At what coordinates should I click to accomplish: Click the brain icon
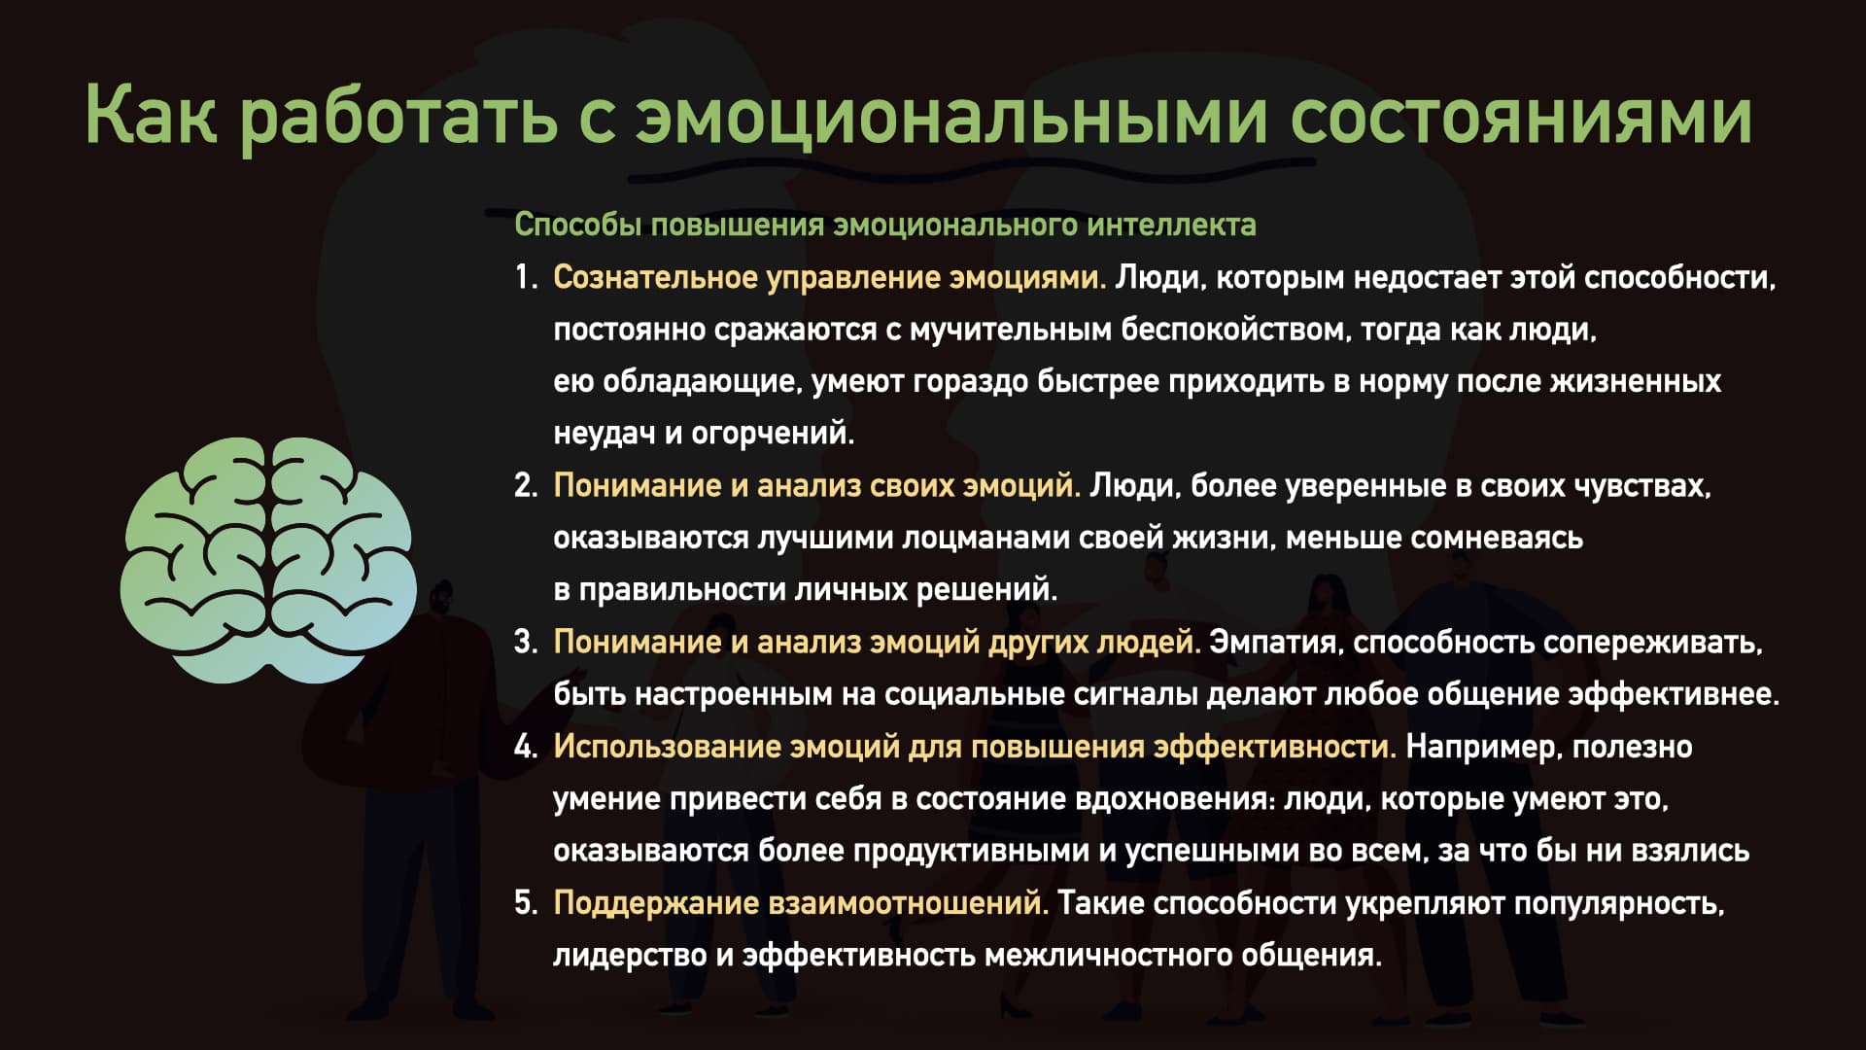pos(268,560)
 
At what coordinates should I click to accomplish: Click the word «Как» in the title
pos(151,115)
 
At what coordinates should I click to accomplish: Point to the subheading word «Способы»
pos(578,225)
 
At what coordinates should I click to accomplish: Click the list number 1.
pos(526,278)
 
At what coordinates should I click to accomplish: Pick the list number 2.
pos(526,486)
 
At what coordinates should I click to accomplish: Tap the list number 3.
pos(526,643)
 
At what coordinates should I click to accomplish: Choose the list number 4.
pos(526,747)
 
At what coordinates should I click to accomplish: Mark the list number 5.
pos(526,903)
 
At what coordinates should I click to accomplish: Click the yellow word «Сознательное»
pos(656,278)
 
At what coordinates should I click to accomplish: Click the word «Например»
pos(1483,748)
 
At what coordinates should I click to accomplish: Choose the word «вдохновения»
pos(1175,799)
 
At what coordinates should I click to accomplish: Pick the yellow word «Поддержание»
pos(656,904)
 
